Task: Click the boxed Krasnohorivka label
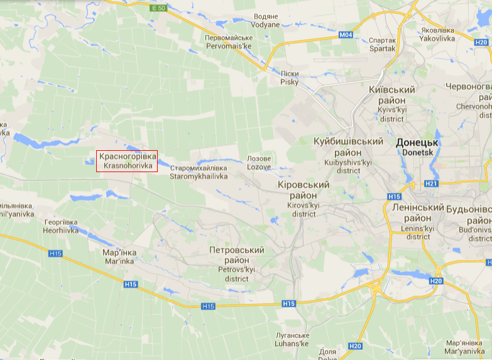point(126,161)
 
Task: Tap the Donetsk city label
point(417,147)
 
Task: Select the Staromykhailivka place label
point(199,173)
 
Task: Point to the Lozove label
point(259,163)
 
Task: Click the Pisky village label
point(290,78)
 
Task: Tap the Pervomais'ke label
point(228,42)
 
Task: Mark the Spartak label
point(383,43)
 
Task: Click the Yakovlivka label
point(438,34)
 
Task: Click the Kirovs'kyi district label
point(303,199)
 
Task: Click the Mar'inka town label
point(119,256)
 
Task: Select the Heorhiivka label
point(62,226)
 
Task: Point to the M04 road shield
point(346,35)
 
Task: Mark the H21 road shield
point(431,183)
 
